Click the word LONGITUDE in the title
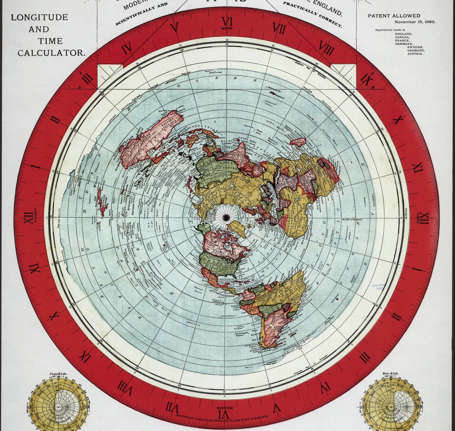(x=39, y=18)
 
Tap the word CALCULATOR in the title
(x=51, y=53)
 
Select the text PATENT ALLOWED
(x=394, y=16)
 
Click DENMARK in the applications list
(x=404, y=44)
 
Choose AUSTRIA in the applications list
(x=415, y=54)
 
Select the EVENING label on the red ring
(x=225, y=408)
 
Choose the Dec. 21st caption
(x=390, y=374)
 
